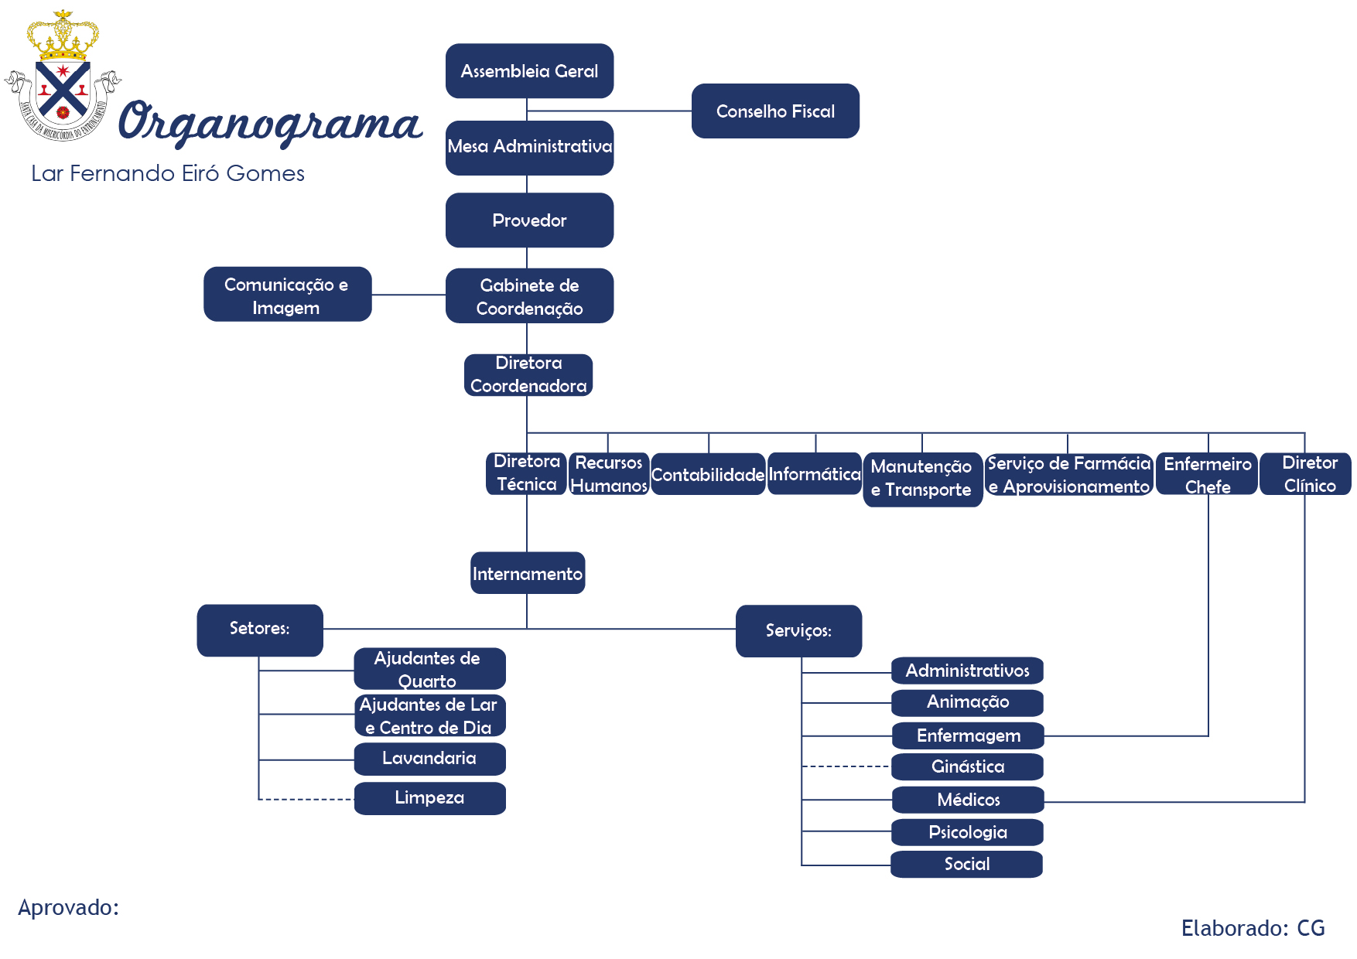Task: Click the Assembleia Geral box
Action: [x=529, y=71]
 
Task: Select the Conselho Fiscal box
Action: [x=775, y=111]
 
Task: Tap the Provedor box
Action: [x=529, y=220]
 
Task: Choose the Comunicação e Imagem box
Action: [x=287, y=295]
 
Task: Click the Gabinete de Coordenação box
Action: [x=529, y=295]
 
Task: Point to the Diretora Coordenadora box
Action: [x=528, y=375]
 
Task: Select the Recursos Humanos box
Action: [x=609, y=474]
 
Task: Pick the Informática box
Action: [x=815, y=474]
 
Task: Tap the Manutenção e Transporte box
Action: [x=922, y=479]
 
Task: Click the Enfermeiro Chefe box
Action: [x=1207, y=474]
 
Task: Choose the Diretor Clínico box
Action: [x=1305, y=474]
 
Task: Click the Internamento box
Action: [x=528, y=573]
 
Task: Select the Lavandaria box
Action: [x=430, y=759]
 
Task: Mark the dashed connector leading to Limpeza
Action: [x=306, y=799]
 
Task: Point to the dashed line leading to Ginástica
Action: [x=846, y=766]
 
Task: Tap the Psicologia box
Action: [x=967, y=832]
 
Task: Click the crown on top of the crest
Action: [x=63, y=36]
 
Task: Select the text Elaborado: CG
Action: [x=1253, y=928]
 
